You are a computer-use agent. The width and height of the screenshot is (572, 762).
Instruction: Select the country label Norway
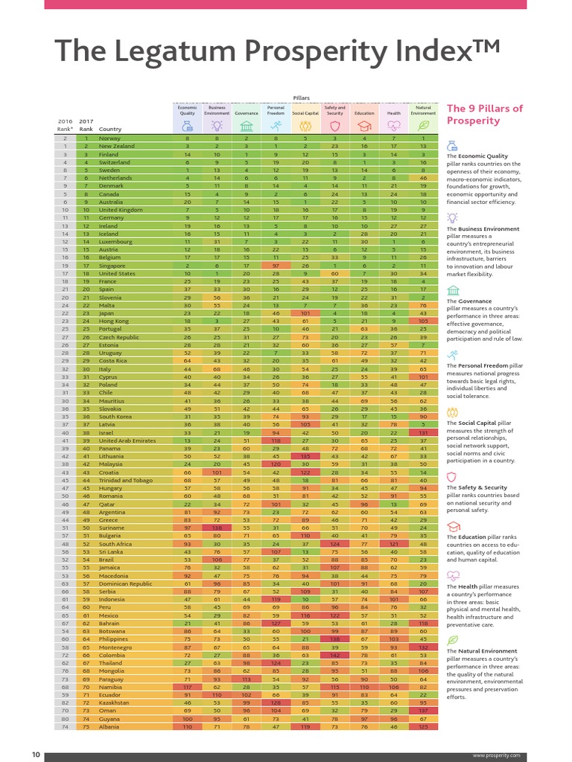(x=109, y=138)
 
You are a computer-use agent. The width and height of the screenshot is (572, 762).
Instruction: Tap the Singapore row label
(x=112, y=266)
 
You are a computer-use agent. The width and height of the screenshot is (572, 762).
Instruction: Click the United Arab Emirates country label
(x=127, y=441)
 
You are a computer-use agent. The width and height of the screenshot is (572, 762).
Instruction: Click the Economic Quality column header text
(x=187, y=111)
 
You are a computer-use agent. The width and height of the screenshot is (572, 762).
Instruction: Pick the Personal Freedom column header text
(x=276, y=111)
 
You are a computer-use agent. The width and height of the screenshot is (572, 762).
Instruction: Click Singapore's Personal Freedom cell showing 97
(x=276, y=266)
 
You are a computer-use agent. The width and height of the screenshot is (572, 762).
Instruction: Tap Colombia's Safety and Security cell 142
(x=334, y=654)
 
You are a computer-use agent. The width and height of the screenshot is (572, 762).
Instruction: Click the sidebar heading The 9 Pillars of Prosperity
(x=484, y=115)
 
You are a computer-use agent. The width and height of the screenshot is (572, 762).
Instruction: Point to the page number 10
(x=35, y=755)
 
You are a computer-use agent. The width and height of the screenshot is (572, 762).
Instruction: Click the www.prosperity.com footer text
(x=496, y=755)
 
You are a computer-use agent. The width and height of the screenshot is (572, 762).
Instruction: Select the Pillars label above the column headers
(x=301, y=97)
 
